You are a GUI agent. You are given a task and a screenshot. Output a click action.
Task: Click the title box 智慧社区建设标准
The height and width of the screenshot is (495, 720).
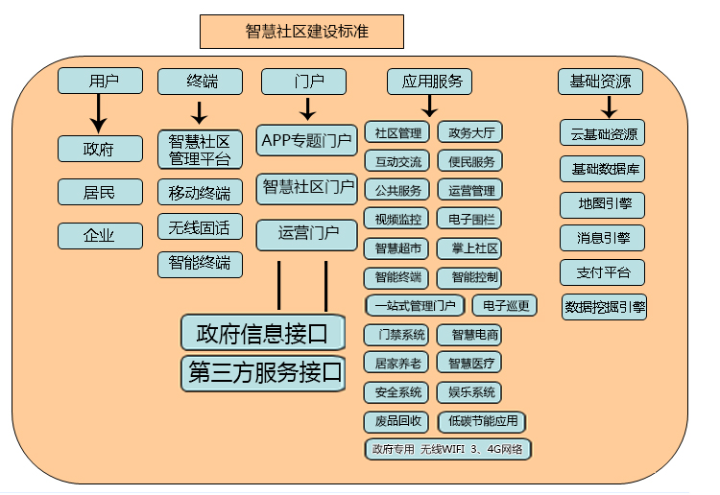[300, 32]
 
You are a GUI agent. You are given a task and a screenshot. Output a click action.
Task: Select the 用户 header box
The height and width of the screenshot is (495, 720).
[100, 82]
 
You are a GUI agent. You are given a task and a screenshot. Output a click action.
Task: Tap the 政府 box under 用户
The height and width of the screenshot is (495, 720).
[100, 149]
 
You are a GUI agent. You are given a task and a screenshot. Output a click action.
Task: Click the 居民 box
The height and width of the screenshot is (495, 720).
[100, 192]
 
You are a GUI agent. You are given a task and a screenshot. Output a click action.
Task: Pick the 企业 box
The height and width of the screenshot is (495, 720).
[100, 235]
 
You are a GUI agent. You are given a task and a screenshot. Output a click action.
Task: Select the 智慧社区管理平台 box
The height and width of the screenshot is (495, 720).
[200, 149]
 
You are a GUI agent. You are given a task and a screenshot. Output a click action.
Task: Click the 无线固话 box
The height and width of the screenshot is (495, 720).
[200, 227]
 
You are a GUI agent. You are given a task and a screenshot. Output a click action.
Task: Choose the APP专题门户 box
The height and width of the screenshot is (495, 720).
[306, 141]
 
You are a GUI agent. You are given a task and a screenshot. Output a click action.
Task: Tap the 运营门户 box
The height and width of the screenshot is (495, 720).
[306, 234]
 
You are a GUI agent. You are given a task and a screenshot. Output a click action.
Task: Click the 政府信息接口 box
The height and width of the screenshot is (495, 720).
[263, 333]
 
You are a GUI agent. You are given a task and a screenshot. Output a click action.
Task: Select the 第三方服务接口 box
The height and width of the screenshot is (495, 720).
[263, 373]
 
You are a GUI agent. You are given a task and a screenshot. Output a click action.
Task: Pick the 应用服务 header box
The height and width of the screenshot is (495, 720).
[429, 82]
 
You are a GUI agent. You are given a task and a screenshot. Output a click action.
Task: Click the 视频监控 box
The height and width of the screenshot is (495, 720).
[396, 220]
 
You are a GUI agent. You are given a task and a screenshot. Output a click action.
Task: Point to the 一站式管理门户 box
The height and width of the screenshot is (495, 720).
[415, 306]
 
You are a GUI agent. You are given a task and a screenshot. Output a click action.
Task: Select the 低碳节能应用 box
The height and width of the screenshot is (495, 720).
[482, 421]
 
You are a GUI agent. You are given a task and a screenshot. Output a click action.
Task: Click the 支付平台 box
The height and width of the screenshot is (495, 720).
[602, 272]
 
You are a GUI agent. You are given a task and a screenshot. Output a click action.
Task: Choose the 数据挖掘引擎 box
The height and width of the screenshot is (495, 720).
[605, 308]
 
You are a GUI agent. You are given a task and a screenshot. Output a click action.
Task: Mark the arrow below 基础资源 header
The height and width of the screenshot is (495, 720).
[608, 106]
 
